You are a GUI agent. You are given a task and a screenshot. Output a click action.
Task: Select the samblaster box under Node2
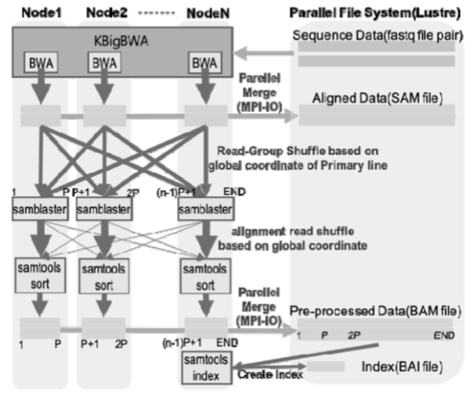pos(110,211)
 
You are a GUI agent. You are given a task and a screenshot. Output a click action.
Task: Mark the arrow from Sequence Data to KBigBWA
pos(265,53)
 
